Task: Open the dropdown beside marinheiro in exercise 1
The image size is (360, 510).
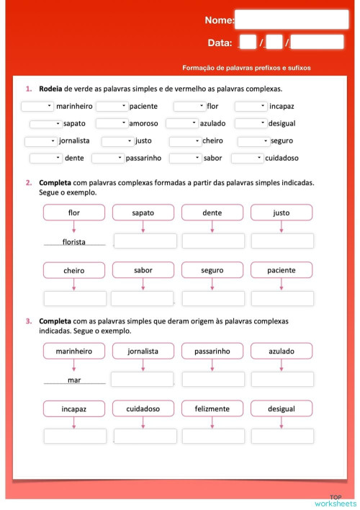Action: point(37,106)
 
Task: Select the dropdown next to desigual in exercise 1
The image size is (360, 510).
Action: point(251,123)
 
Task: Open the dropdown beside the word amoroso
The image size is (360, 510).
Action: point(112,123)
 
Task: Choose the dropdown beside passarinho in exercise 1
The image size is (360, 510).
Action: point(107,158)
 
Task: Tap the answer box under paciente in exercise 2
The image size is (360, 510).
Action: point(282,298)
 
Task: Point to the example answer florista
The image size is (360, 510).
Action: point(74,242)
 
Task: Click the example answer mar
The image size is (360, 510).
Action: point(74,380)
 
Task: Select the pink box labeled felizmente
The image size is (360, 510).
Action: point(212,408)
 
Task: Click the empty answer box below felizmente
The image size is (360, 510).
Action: point(212,436)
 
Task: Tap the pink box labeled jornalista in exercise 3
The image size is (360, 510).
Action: point(143,351)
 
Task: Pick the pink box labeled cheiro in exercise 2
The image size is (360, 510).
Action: point(74,271)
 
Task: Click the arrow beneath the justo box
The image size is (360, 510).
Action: point(282,226)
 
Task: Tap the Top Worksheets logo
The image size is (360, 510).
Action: point(335,500)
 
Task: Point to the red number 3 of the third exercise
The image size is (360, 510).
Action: point(28,321)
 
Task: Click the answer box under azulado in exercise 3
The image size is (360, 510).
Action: point(282,380)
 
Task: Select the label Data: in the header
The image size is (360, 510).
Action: point(220,43)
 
